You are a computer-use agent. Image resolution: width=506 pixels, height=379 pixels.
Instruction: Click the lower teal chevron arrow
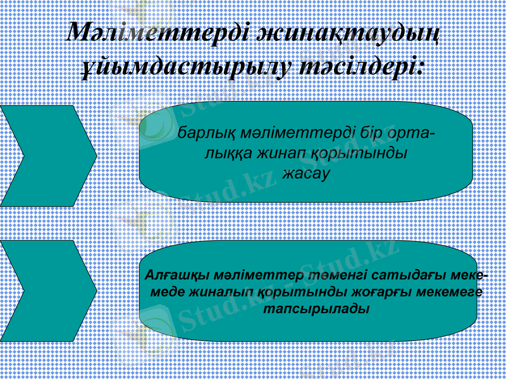coord(47,291)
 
